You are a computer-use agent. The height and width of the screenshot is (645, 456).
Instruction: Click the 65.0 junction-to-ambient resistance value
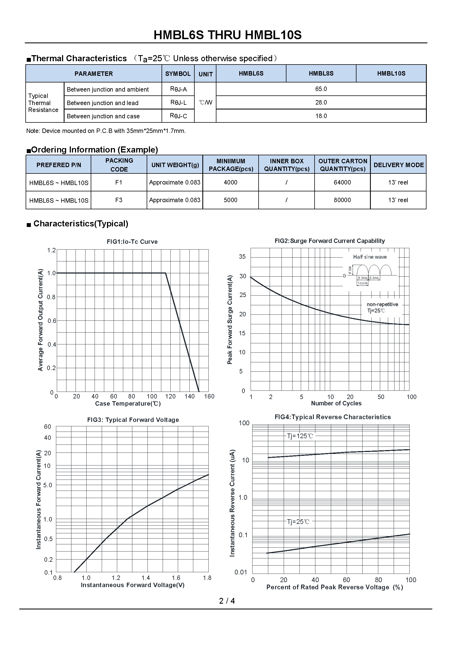(x=321, y=89)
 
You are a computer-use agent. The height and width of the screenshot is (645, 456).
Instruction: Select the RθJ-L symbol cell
(x=178, y=103)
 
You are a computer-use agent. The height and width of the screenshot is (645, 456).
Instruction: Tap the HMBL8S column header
(x=321, y=74)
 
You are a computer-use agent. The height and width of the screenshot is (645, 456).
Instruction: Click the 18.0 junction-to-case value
(x=321, y=116)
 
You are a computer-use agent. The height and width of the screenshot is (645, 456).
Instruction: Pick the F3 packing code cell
(x=119, y=200)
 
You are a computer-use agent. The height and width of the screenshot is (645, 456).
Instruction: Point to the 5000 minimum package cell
(x=230, y=200)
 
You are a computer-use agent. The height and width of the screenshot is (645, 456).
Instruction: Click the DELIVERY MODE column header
(x=398, y=165)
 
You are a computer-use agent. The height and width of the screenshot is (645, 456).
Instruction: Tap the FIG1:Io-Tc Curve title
(x=132, y=242)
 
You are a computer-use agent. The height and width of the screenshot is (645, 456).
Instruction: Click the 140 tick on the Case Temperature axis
(x=189, y=396)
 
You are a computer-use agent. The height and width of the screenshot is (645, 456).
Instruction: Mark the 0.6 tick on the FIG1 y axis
(x=52, y=321)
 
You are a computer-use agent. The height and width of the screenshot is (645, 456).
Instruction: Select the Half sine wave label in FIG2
(x=370, y=257)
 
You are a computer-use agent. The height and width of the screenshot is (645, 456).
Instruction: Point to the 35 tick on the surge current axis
(x=242, y=256)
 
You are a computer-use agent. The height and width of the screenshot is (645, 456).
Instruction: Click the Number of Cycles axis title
(x=336, y=403)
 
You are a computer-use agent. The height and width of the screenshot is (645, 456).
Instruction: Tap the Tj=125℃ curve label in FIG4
(x=300, y=436)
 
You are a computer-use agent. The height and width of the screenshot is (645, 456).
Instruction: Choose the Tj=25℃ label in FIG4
(x=298, y=522)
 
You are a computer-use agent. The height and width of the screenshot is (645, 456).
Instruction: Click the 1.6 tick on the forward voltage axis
(x=176, y=578)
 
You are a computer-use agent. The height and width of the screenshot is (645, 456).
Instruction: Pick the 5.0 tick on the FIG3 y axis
(x=48, y=485)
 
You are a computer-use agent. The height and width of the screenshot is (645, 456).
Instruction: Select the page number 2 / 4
(x=227, y=601)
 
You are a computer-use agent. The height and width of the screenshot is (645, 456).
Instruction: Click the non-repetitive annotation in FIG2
(x=382, y=304)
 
